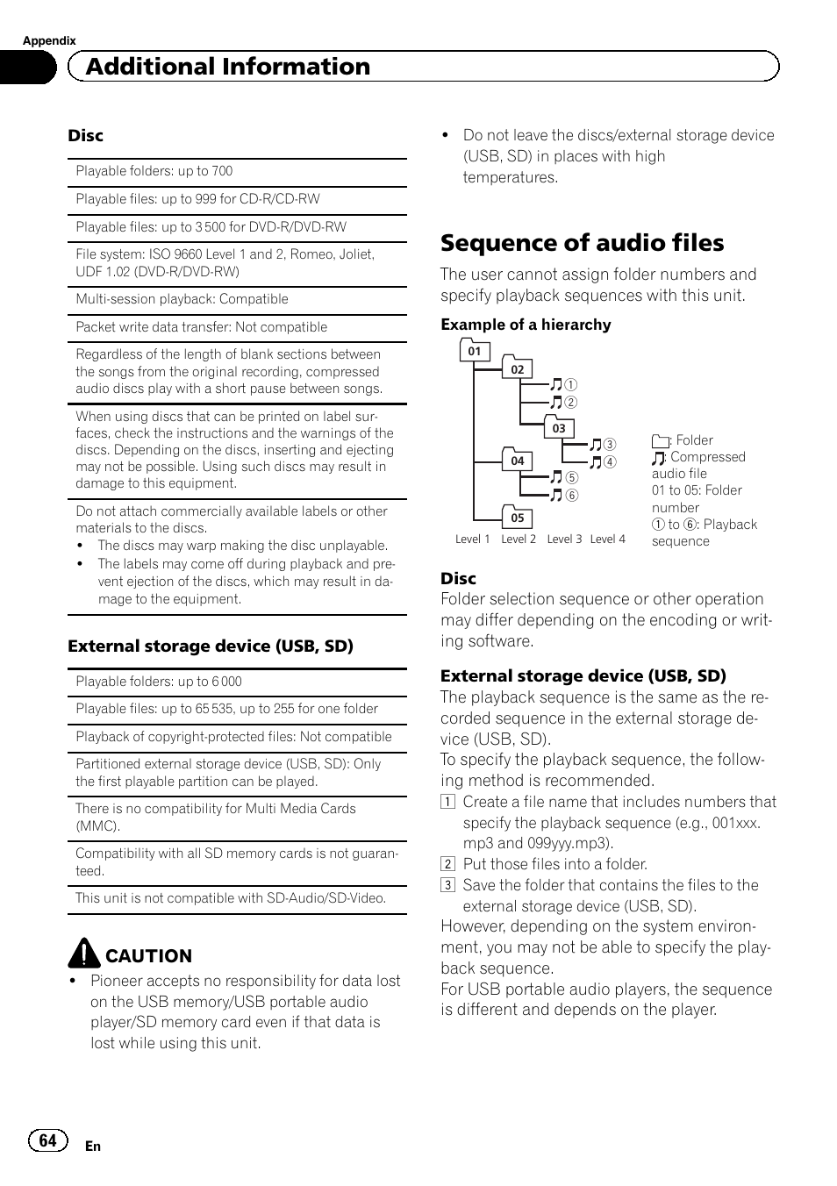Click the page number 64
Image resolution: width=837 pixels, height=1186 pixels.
48,1140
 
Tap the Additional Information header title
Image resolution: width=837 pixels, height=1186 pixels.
228,67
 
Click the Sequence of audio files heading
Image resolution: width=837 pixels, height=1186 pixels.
582,243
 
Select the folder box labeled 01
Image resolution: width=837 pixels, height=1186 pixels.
474,351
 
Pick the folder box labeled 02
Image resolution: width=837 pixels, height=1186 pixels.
518,369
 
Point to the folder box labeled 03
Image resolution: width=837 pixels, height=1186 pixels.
559,428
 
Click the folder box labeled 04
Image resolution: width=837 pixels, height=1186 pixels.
518,461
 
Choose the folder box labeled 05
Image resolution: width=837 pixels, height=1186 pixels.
518,518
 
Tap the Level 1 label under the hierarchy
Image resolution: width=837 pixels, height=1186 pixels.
473,539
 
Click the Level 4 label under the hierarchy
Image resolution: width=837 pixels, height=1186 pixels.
607,539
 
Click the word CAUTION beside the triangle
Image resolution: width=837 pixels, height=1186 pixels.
148,956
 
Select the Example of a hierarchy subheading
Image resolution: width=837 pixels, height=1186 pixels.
526,325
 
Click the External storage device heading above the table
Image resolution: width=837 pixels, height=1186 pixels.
211,647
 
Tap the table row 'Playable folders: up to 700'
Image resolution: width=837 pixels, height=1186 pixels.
154,172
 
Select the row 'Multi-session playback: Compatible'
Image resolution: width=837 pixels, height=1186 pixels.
182,299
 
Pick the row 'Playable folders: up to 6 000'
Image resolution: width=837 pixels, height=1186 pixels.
159,682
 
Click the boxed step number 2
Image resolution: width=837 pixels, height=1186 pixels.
447,864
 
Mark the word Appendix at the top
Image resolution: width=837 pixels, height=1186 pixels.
49,40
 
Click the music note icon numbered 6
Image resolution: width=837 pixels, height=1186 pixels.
555,495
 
